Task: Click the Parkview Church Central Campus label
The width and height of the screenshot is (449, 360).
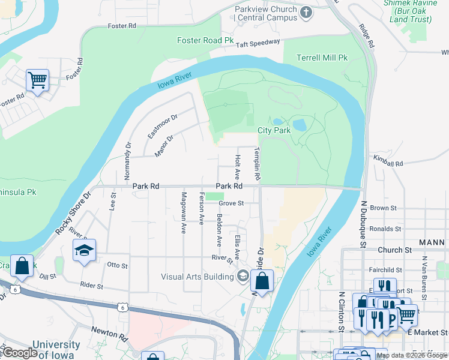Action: [x=267, y=13]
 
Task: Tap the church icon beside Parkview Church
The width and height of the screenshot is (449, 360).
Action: [x=307, y=12]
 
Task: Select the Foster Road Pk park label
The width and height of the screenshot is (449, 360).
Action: [x=205, y=40]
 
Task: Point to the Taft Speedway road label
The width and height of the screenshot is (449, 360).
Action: [x=258, y=43]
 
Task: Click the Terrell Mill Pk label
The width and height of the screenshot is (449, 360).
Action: [x=322, y=58]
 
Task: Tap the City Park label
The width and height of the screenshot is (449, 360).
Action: [x=274, y=130]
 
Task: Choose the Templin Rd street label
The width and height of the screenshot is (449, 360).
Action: [x=257, y=164]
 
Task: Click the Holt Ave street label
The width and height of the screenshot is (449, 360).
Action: [x=238, y=166]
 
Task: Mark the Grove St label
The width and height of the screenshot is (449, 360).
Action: [x=231, y=203]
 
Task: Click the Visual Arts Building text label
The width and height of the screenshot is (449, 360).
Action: [x=197, y=277]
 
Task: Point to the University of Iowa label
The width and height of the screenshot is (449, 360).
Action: [x=56, y=349]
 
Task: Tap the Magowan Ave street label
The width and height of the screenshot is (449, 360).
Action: [x=184, y=212]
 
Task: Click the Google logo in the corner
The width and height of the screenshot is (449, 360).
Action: [x=20, y=353]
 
